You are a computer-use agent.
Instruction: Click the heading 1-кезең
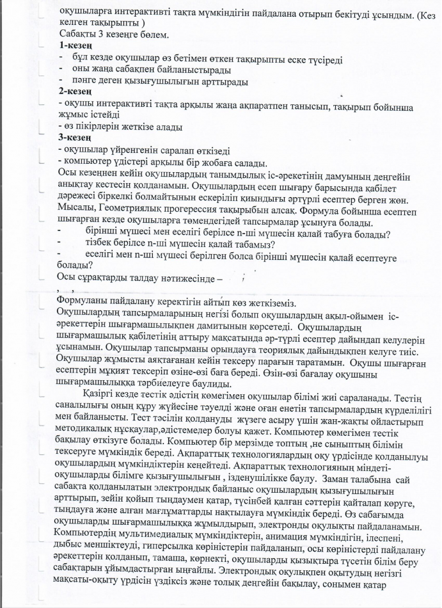[76, 46]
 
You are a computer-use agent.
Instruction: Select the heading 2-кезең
[76, 93]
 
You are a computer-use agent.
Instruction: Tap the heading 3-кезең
[76, 138]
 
